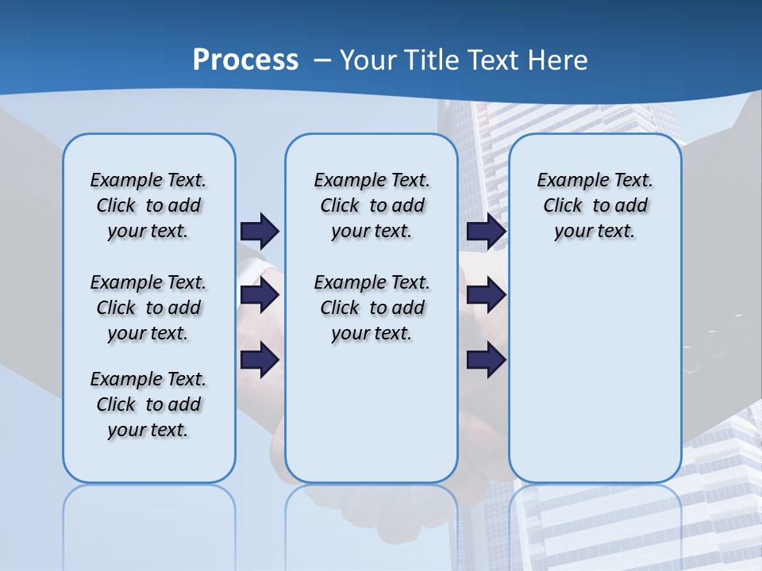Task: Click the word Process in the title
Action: click(245, 60)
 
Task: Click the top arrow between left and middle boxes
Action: click(260, 231)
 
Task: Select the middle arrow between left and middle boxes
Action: click(260, 296)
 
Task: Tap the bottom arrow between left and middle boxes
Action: click(260, 360)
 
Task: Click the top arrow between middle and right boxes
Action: click(486, 231)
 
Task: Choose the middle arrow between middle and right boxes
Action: click(486, 296)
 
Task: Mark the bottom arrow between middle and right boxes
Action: click(486, 360)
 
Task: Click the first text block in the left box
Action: click(148, 205)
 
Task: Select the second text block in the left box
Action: click(148, 308)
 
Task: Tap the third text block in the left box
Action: click(148, 404)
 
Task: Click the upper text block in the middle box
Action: click(371, 205)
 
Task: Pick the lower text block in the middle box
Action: click(371, 308)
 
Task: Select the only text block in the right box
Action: click(595, 205)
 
